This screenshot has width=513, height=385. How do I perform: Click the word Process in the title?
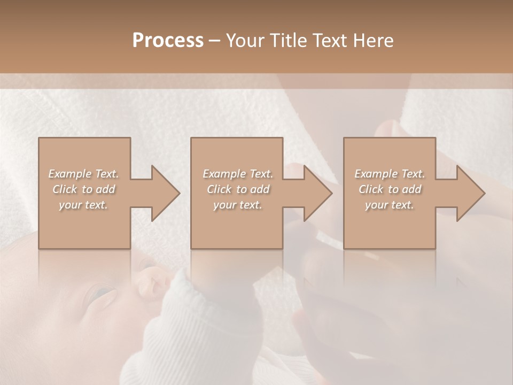[168, 41]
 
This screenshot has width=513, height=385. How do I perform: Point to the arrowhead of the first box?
[162, 193]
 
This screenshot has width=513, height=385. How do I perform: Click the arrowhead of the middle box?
[315, 193]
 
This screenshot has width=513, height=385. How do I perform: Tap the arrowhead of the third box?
[468, 193]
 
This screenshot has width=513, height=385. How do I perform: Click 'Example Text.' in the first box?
[83, 174]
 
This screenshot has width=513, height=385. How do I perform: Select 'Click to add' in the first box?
[83, 189]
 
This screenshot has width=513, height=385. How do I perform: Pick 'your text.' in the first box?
[83, 205]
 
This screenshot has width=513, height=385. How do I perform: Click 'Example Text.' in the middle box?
[237, 174]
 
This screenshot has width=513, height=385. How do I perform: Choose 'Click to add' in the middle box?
[237, 189]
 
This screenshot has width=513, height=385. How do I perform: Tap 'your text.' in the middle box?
[237, 205]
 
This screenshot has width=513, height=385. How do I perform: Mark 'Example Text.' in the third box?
[390, 174]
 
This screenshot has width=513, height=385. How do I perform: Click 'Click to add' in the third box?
[390, 189]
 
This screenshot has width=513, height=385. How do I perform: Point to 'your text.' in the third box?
[390, 205]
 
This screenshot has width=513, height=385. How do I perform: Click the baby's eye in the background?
[102, 293]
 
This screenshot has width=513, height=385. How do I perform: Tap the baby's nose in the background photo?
[145, 283]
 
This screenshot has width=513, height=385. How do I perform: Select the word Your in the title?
[244, 41]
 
